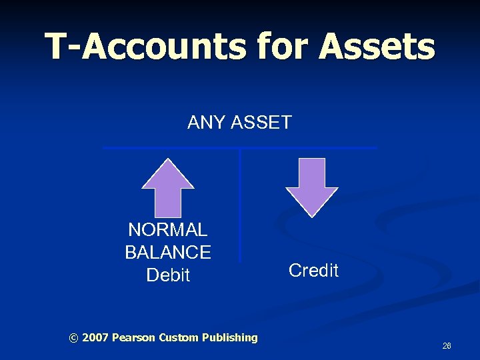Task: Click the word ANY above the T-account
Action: click(205, 123)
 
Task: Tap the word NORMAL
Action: click(167, 230)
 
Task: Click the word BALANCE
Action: click(167, 252)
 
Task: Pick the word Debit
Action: click(168, 275)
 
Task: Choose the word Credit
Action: click(313, 270)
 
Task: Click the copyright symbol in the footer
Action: click(73, 338)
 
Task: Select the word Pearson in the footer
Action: click(134, 338)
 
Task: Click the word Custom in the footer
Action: click(179, 338)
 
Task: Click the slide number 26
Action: click(447, 346)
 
